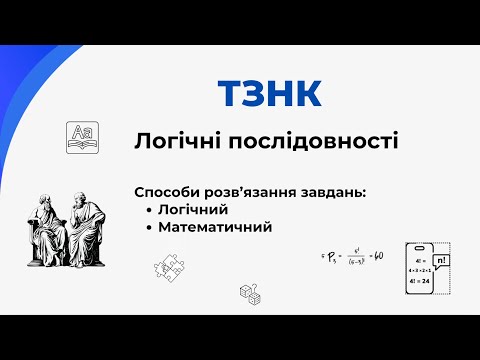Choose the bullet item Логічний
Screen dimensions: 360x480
[193, 209]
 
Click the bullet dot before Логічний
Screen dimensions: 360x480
[148, 210]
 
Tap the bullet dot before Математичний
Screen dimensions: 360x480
[148, 227]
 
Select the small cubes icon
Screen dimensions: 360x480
[250, 293]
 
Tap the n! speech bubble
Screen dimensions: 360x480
[442, 260]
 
